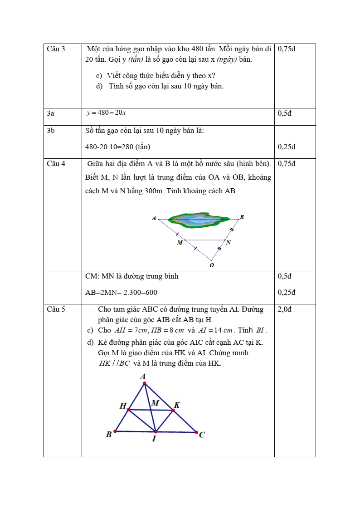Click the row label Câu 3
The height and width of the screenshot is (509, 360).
tap(56, 49)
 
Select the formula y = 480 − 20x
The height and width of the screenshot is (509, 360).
tap(106, 113)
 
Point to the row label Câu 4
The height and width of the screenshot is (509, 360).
tap(56, 164)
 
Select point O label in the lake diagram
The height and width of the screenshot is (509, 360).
tap(212, 265)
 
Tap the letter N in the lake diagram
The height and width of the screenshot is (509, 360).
tap(229, 243)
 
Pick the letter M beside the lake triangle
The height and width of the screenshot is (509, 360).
tap(180, 243)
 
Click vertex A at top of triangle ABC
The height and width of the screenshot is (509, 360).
tap(143, 377)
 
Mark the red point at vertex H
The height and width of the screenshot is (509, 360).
tap(129, 410)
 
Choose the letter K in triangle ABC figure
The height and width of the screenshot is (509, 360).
tap(177, 405)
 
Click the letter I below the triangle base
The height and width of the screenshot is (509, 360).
tap(154, 439)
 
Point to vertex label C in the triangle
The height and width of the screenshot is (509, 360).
tap(202, 435)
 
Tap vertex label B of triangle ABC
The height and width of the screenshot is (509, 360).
tap(109, 435)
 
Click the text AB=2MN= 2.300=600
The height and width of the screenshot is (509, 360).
tap(121, 293)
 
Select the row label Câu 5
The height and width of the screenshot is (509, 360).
tap(56, 309)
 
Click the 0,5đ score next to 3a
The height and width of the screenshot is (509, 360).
tap(284, 113)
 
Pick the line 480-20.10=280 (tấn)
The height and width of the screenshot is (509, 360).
tap(117, 147)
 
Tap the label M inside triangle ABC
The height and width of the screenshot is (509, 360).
tap(155, 403)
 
